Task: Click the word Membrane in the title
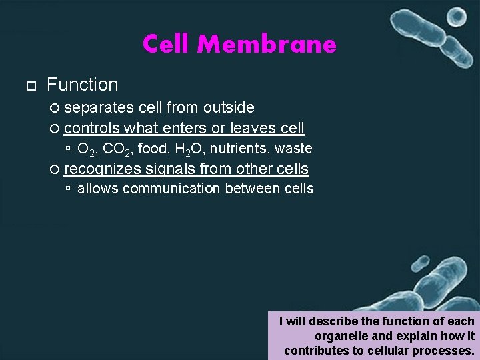267,45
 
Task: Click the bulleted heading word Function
82,85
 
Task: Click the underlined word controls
92,128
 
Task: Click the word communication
172,189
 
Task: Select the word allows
98,189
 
